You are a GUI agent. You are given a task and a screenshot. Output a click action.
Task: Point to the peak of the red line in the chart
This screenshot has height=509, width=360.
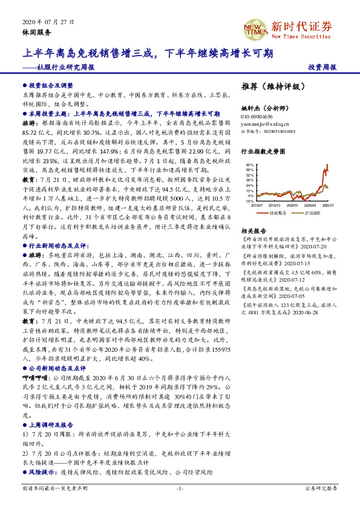(x=327, y=164)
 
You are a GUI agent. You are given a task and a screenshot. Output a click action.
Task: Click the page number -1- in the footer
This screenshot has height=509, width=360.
(x=179, y=487)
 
